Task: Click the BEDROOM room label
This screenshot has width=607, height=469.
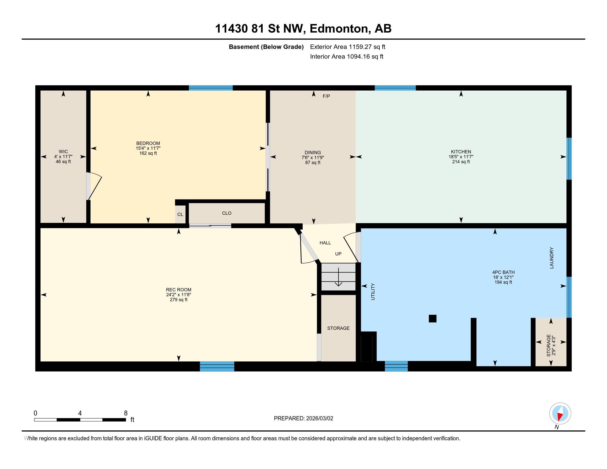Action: [x=148, y=143]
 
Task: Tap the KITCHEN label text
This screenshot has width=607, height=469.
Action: [x=461, y=152]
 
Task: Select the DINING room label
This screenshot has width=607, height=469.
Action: [x=313, y=153]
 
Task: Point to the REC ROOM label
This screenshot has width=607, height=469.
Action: [x=179, y=290]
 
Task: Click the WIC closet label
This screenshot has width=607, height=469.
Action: [x=63, y=152]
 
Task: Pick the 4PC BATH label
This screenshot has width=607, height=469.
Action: [x=503, y=272]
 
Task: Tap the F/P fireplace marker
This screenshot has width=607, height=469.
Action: [x=326, y=96]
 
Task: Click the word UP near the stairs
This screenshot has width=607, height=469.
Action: [x=338, y=254]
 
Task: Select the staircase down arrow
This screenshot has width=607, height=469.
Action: [x=339, y=277]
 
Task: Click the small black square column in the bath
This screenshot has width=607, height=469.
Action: [x=432, y=318]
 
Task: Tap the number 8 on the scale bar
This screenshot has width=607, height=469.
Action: [x=126, y=413]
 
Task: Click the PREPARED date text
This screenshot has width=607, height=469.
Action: [x=303, y=418]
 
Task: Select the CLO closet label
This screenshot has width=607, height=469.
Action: [x=227, y=213]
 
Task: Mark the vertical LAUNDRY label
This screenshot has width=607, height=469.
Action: [x=552, y=258]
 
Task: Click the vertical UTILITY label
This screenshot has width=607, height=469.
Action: [x=373, y=292]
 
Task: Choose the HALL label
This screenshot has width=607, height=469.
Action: [x=325, y=243]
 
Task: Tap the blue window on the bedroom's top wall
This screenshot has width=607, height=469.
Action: [x=211, y=88]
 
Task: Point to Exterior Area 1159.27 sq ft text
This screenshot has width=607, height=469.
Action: [x=348, y=47]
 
